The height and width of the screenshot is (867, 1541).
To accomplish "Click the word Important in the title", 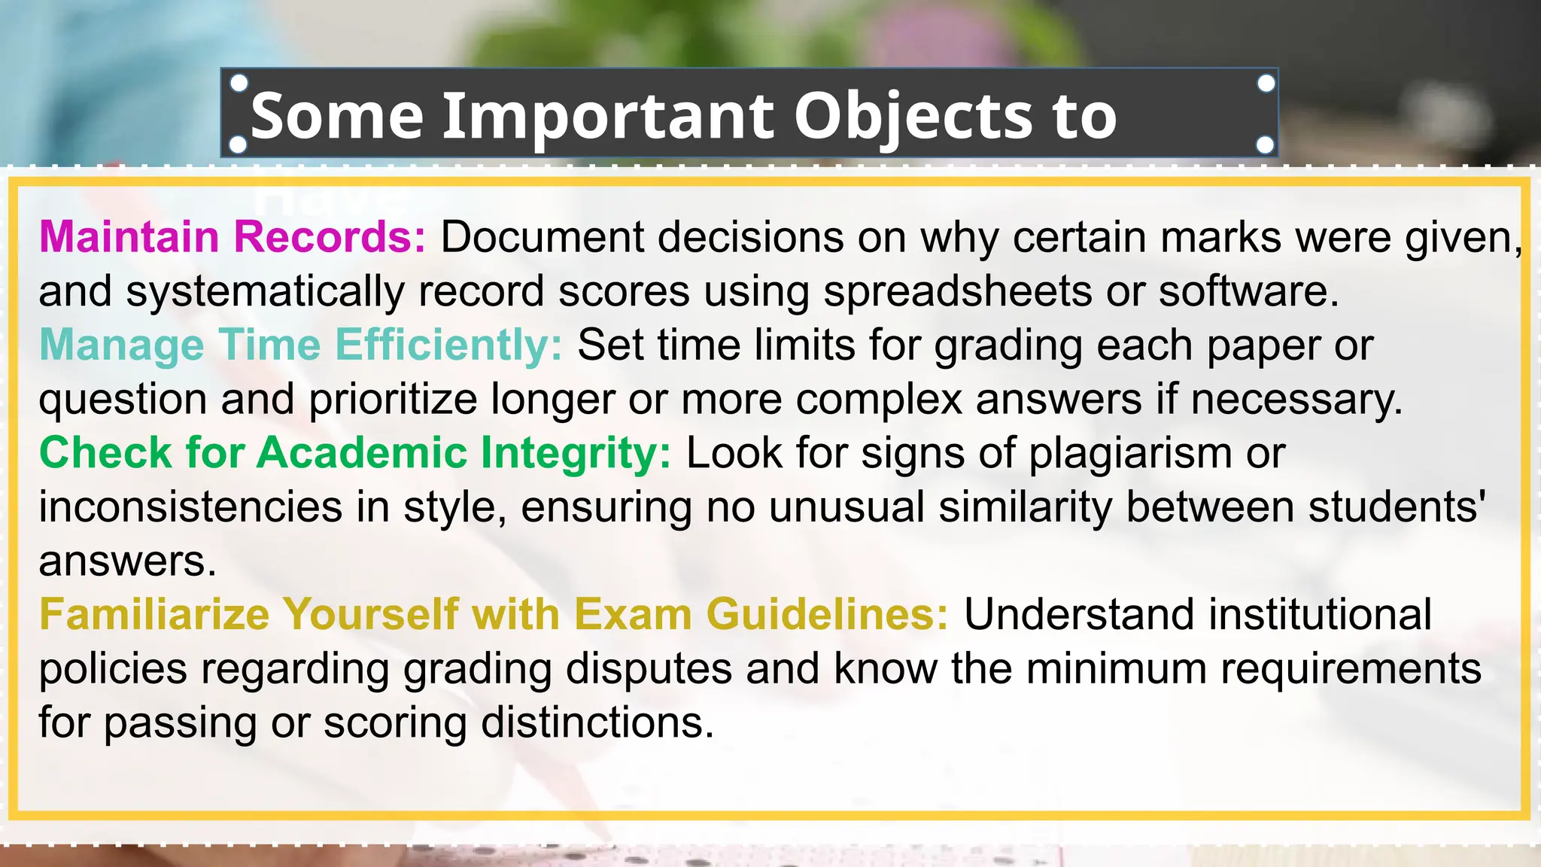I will point(608,116).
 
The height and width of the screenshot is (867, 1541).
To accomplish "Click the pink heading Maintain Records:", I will point(233,236).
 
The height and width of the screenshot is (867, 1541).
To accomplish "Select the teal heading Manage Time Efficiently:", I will point(300,345).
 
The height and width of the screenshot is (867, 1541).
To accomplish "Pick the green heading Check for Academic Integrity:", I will point(354,453).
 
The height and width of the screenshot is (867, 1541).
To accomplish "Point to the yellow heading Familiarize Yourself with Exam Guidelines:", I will point(494,614).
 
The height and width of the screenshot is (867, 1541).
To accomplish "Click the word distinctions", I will point(597,722).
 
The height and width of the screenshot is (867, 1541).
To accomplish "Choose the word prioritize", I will point(393,399).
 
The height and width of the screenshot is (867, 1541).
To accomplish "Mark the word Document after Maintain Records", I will point(543,237).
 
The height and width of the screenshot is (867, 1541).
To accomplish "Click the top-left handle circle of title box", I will point(239,84).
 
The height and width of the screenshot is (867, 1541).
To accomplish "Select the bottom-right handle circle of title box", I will point(1266,144).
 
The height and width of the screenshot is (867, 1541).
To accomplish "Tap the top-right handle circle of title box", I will point(1266,84).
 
